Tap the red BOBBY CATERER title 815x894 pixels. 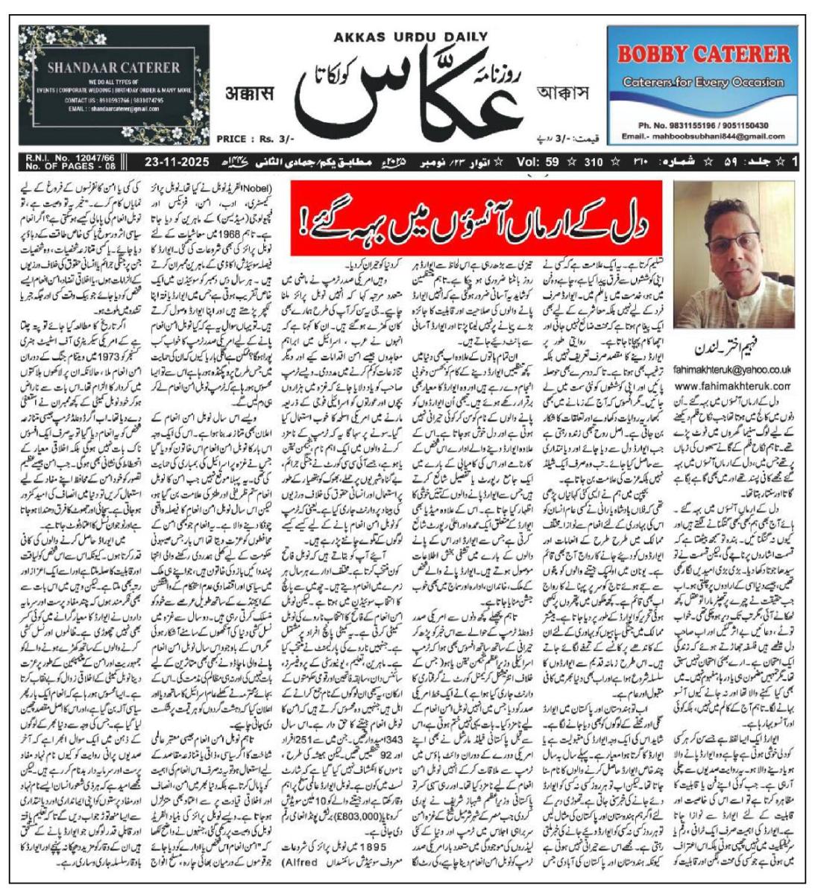pyautogui.click(x=704, y=54)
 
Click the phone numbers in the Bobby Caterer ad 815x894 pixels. pyautogui.click(x=704, y=126)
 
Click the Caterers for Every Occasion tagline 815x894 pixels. pyautogui.click(x=703, y=83)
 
